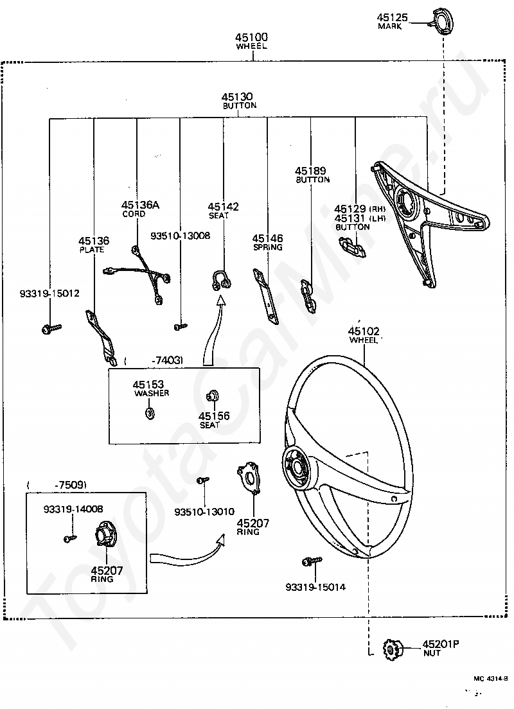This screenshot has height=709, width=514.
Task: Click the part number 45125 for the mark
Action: (393, 17)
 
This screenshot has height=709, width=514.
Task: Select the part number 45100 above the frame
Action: (251, 37)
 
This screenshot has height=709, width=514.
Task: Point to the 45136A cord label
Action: (140, 209)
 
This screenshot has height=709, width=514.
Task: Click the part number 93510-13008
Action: (180, 236)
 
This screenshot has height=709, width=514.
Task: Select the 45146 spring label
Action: (267, 242)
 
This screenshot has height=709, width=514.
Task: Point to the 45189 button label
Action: (312, 175)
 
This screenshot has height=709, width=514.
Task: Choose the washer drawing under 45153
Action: (149, 413)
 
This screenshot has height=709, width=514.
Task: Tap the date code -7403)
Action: (168, 360)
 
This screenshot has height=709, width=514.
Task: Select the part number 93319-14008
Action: (73, 509)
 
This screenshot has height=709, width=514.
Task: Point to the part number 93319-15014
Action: (315, 587)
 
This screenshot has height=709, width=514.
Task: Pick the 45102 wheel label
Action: (364, 335)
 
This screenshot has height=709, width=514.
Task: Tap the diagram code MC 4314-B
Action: (490, 678)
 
